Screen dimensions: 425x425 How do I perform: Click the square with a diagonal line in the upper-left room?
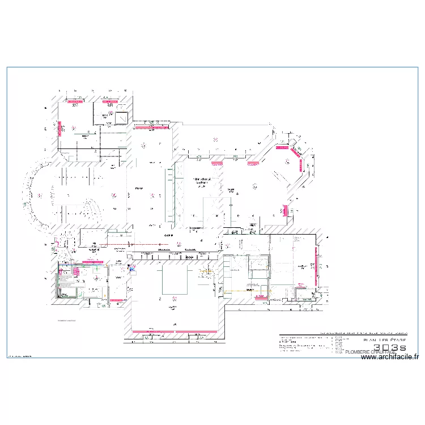point(121,118)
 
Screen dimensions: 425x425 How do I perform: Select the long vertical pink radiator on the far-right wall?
point(316,266)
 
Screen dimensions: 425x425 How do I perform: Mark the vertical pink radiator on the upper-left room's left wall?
point(58,130)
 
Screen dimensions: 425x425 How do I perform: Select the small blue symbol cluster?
point(131,269)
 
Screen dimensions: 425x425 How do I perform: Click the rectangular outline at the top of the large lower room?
point(173,280)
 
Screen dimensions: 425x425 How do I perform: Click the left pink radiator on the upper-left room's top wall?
point(75,103)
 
